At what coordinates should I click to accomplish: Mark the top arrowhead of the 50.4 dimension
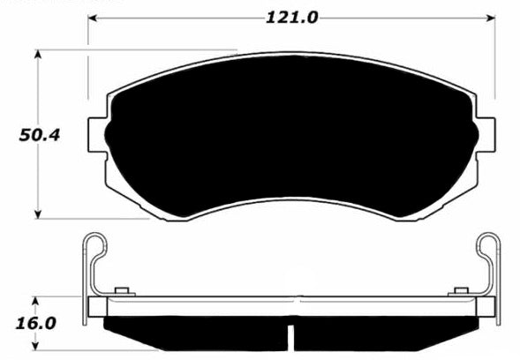pyautogui.click(x=38, y=55)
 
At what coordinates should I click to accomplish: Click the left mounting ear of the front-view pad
pyautogui.click(x=97, y=129)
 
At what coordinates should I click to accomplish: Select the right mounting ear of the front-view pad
pyautogui.click(x=485, y=129)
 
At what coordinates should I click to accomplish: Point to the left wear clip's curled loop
pyautogui.click(x=95, y=246)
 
